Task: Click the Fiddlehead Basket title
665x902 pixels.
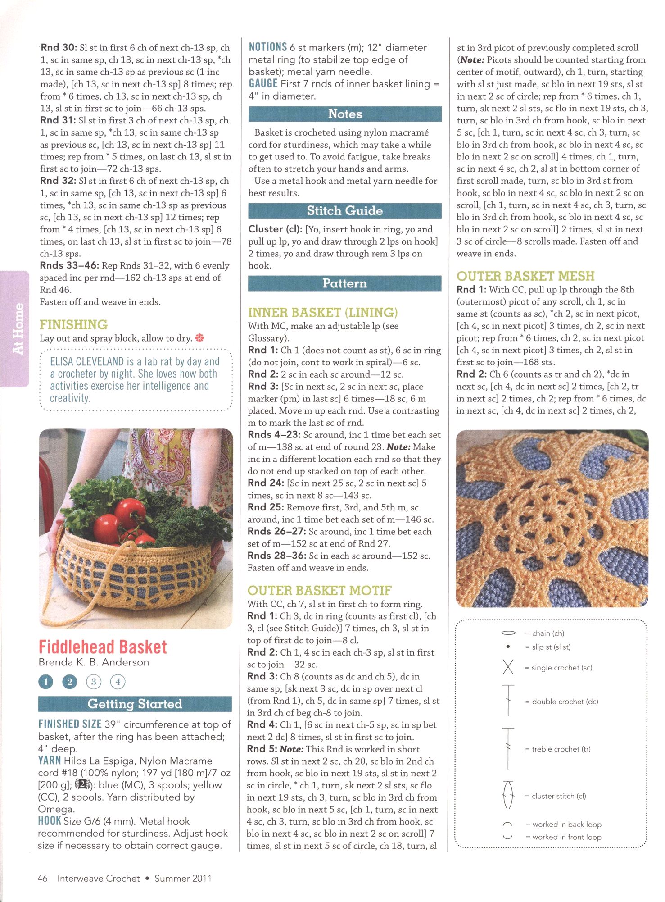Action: pyautogui.click(x=103, y=647)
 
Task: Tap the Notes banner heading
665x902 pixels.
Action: pyautogui.click(x=345, y=114)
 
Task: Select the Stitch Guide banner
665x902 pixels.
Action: pyautogui.click(x=345, y=211)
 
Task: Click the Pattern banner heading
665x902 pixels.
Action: pyautogui.click(x=345, y=283)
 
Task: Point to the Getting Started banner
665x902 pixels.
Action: pyautogui.click(x=135, y=704)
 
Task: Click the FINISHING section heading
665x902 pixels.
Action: pyautogui.click(x=73, y=324)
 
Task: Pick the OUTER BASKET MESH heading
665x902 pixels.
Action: pyautogui.click(x=525, y=276)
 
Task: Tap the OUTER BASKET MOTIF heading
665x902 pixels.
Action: pyautogui.click(x=320, y=590)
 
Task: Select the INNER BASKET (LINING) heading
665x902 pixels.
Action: pyautogui.click(x=323, y=312)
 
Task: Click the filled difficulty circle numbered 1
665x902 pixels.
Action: pyautogui.click(x=45, y=682)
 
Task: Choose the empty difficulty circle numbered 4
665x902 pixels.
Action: pyautogui.click(x=118, y=682)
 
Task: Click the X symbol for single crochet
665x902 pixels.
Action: pyautogui.click(x=508, y=667)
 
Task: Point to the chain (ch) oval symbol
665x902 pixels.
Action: pyautogui.click(x=508, y=633)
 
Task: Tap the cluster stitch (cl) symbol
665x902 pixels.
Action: pyautogui.click(x=508, y=796)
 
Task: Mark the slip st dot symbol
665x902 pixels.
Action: pyautogui.click(x=508, y=647)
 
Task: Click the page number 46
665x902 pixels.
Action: pyautogui.click(x=43, y=878)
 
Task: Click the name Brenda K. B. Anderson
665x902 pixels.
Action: pyautogui.click(x=94, y=662)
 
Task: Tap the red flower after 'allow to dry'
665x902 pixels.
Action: pyautogui.click(x=199, y=338)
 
